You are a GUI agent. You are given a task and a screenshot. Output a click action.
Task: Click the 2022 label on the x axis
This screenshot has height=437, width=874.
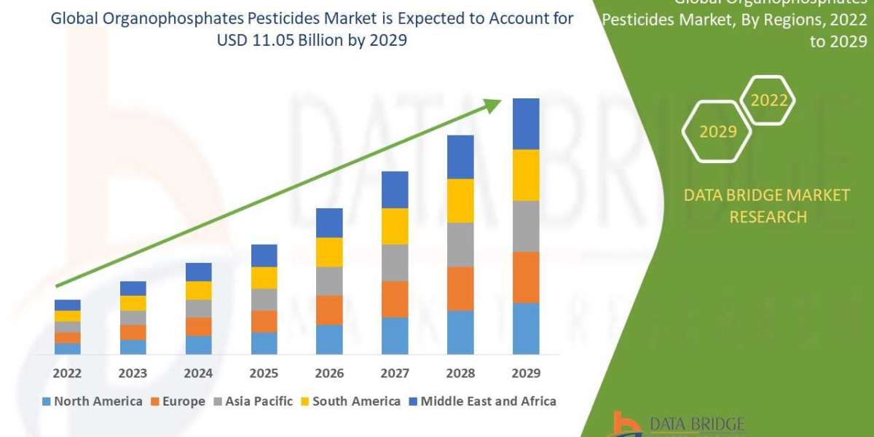pos(67,373)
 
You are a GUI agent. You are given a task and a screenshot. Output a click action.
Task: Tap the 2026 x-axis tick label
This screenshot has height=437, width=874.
pos(329,373)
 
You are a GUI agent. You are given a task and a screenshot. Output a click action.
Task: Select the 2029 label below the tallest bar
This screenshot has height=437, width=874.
pos(526,373)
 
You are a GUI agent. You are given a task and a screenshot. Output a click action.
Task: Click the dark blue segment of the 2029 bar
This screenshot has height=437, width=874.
pos(526,124)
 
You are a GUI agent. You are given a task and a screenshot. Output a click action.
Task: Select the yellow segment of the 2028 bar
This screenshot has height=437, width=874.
pos(460,200)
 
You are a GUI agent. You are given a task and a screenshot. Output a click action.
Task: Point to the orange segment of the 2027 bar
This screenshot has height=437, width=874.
pos(395,299)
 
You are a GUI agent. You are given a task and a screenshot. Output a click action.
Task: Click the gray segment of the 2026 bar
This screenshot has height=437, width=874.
pos(329,280)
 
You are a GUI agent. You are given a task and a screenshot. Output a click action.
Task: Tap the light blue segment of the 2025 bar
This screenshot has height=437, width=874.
pos(264,343)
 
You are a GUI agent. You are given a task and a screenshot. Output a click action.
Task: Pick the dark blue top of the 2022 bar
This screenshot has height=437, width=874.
pos(67,304)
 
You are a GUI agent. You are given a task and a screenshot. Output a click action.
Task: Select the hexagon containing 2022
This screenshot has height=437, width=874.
pos(768,101)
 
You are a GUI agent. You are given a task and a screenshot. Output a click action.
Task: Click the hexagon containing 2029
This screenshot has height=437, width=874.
pos(717,132)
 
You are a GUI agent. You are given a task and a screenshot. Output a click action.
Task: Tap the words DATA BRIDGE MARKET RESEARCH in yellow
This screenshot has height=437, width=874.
pos(767,205)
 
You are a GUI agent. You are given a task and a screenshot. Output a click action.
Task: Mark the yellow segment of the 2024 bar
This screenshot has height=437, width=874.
pos(198,290)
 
